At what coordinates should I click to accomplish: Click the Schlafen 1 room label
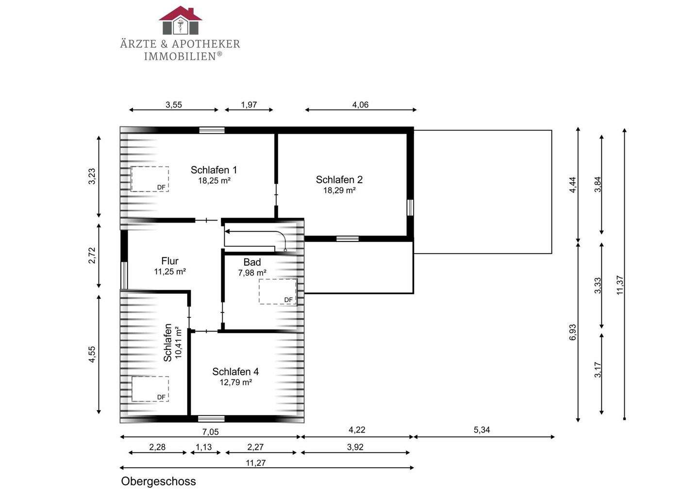[x=214, y=170]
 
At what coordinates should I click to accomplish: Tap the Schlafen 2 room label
[x=339, y=180]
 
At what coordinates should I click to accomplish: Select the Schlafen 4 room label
[x=235, y=372]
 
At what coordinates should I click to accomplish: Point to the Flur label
[x=170, y=261]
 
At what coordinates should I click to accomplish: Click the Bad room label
[x=252, y=262]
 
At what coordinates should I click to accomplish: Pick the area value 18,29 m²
[x=339, y=191]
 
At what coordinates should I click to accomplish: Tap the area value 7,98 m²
[x=252, y=273]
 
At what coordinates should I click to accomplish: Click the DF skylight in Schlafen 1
[x=150, y=179]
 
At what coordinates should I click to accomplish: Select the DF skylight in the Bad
[x=278, y=292]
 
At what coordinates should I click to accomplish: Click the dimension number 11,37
[x=620, y=285]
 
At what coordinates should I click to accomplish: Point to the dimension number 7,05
[x=211, y=432]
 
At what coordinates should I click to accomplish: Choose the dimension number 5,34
[x=482, y=430]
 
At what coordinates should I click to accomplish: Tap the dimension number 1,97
[x=249, y=105]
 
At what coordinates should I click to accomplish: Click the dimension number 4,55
[x=92, y=355]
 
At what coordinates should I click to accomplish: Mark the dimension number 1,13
[x=204, y=447]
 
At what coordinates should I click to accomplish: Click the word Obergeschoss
[x=159, y=481]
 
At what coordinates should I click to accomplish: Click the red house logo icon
[x=181, y=20]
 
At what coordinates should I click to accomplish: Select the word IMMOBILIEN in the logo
[x=180, y=56]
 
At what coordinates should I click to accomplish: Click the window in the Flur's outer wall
[x=124, y=275]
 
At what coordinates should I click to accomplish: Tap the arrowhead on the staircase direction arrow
[x=227, y=232]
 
